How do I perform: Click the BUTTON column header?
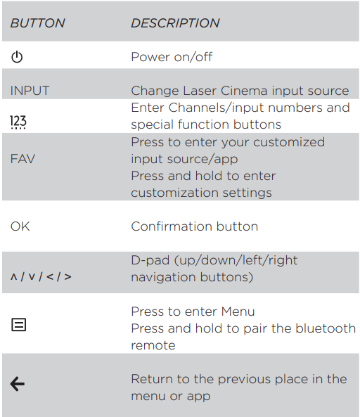click(x=37, y=23)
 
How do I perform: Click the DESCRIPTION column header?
click(x=175, y=23)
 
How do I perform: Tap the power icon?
click(x=17, y=57)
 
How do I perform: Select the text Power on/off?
click(x=172, y=57)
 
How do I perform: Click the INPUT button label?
click(x=30, y=91)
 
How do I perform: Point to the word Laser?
click(x=199, y=91)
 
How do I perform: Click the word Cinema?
click(x=244, y=91)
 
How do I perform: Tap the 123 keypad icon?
click(x=18, y=122)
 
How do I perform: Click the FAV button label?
click(x=22, y=159)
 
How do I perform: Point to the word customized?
click(x=289, y=142)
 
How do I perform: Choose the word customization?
click(x=175, y=193)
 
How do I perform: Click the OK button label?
click(x=20, y=226)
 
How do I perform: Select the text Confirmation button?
click(x=194, y=226)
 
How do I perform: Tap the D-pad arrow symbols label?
click(x=41, y=277)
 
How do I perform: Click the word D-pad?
click(x=150, y=260)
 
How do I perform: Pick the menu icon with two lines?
click(x=18, y=325)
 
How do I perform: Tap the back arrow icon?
click(x=18, y=384)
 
